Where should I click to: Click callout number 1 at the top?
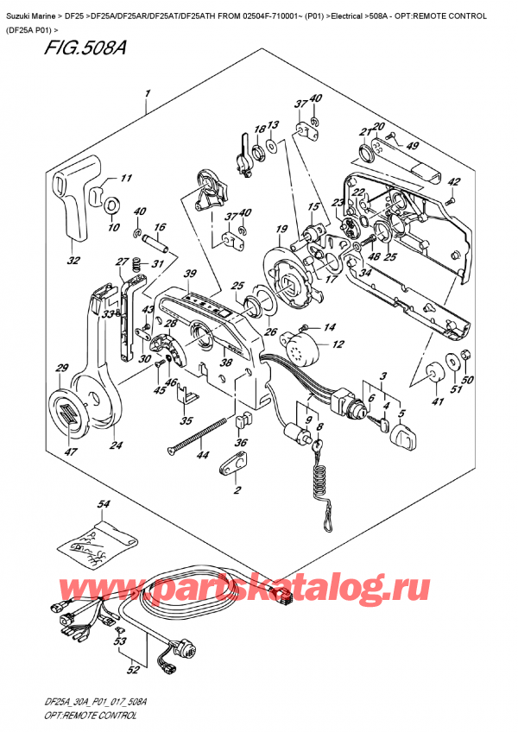(148, 92)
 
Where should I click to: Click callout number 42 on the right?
(455, 181)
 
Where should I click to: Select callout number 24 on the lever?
(115, 445)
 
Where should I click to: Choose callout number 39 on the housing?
(190, 273)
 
